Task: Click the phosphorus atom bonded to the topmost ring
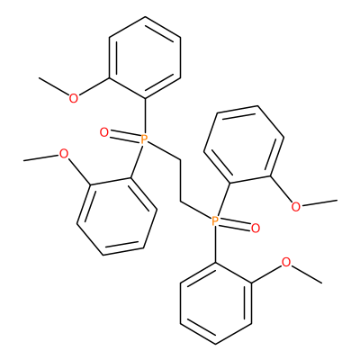point(145,139)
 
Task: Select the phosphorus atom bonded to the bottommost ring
point(215,221)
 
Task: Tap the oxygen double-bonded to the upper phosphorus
point(103,132)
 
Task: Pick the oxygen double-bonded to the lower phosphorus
point(256,229)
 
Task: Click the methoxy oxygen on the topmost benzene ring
point(74,98)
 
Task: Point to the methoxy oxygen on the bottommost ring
point(286,262)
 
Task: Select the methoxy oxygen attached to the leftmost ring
point(64,154)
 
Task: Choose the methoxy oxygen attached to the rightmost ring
point(296,206)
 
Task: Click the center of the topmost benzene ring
point(145,58)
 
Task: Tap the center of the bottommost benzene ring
point(216,303)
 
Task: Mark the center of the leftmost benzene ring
point(117,217)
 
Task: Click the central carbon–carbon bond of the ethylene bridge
point(180,180)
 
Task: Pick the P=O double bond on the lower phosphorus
point(235,225)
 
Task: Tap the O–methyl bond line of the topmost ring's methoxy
point(54,86)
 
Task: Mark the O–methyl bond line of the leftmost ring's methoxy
point(41,158)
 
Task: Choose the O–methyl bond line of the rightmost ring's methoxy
point(319,202)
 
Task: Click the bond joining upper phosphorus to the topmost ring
point(145,116)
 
